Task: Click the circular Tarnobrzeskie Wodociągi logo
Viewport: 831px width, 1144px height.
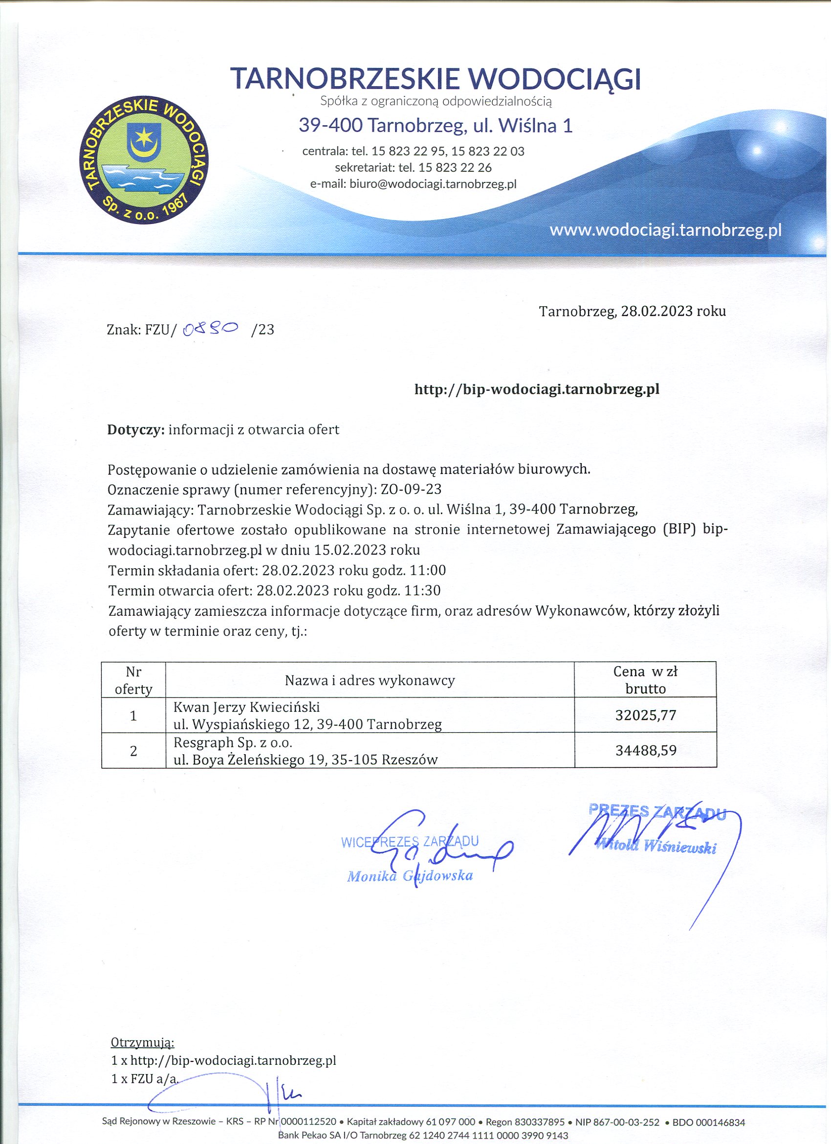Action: click(x=145, y=160)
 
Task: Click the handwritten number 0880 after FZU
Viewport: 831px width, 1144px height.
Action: click(x=211, y=329)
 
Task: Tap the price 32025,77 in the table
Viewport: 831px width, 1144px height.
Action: click(x=645, y=715)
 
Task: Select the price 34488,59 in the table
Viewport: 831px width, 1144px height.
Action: click(x=645, y=750)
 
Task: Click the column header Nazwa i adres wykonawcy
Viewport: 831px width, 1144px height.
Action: click(x=370, y=680)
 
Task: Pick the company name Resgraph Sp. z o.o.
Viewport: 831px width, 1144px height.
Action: click(x=233, y=742)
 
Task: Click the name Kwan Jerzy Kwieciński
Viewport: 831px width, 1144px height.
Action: click(x=246, y=707)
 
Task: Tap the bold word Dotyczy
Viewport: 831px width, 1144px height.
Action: click(x=135, y=429)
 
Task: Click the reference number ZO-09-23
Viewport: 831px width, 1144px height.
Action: click(x=412, y=489)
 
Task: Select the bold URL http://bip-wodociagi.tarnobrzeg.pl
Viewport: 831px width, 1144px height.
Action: click(x=537, y=389)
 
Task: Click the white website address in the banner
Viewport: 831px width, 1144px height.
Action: click(x=665, y=230)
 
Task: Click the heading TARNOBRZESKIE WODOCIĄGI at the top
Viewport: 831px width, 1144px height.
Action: click(x=435, y=79)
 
